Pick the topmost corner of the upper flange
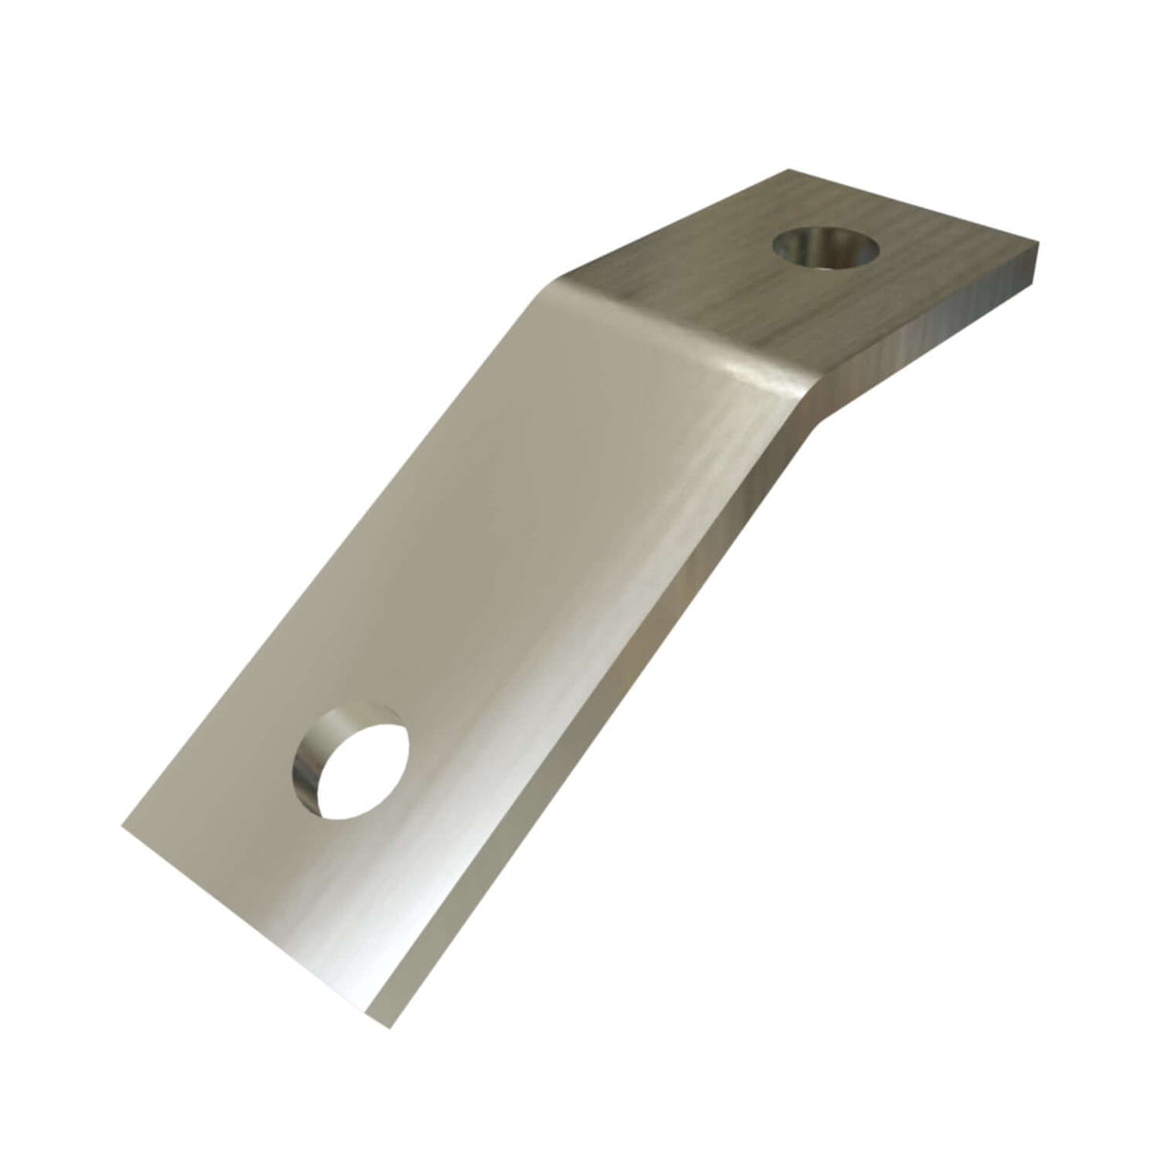click(x=789, y=171)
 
